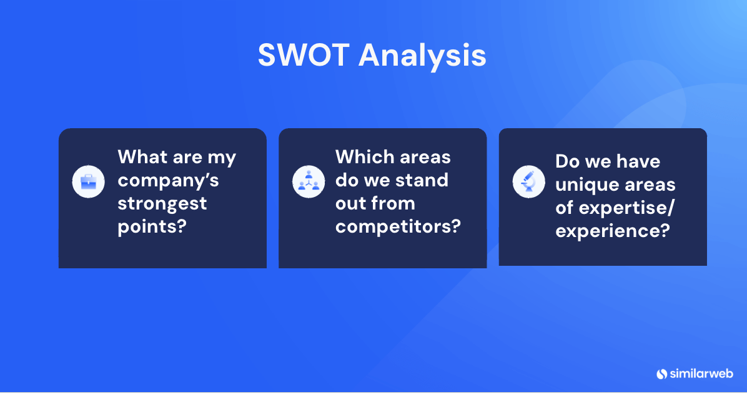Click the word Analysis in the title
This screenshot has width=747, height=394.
(422, 56)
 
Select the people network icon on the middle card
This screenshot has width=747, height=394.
(308, 182)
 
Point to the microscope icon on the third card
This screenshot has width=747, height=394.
(528, 182)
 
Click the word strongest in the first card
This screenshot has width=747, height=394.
(162, 204)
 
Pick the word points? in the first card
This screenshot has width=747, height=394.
(152, 226)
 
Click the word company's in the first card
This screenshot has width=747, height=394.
(168, 181)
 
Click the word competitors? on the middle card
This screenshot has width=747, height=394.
(398, 226)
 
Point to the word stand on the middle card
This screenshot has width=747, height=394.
(421, 180)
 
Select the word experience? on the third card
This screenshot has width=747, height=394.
(613, 231)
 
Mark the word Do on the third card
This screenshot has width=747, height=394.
(567, 161)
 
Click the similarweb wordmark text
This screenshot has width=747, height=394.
(701, 373)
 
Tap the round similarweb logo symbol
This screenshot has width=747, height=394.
(662, 373)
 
